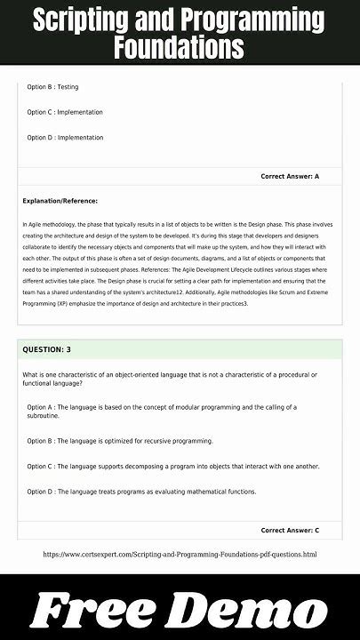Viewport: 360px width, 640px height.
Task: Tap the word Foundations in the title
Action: coord(179,47)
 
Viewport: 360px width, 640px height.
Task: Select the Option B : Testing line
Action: coord(52,87)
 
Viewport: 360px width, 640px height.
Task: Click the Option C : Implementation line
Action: coord(65,112)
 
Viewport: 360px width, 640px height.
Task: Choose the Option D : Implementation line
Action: coord(65,138)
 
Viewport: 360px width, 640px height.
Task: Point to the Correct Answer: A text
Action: coord(290,177)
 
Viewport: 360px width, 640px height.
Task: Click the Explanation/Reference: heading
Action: coord(60,201)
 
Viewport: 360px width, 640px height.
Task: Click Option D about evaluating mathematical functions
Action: coord(141,492)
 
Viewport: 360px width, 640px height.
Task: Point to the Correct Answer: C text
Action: coord(290,531)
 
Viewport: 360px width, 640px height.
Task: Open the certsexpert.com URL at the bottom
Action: coord(180,555)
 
